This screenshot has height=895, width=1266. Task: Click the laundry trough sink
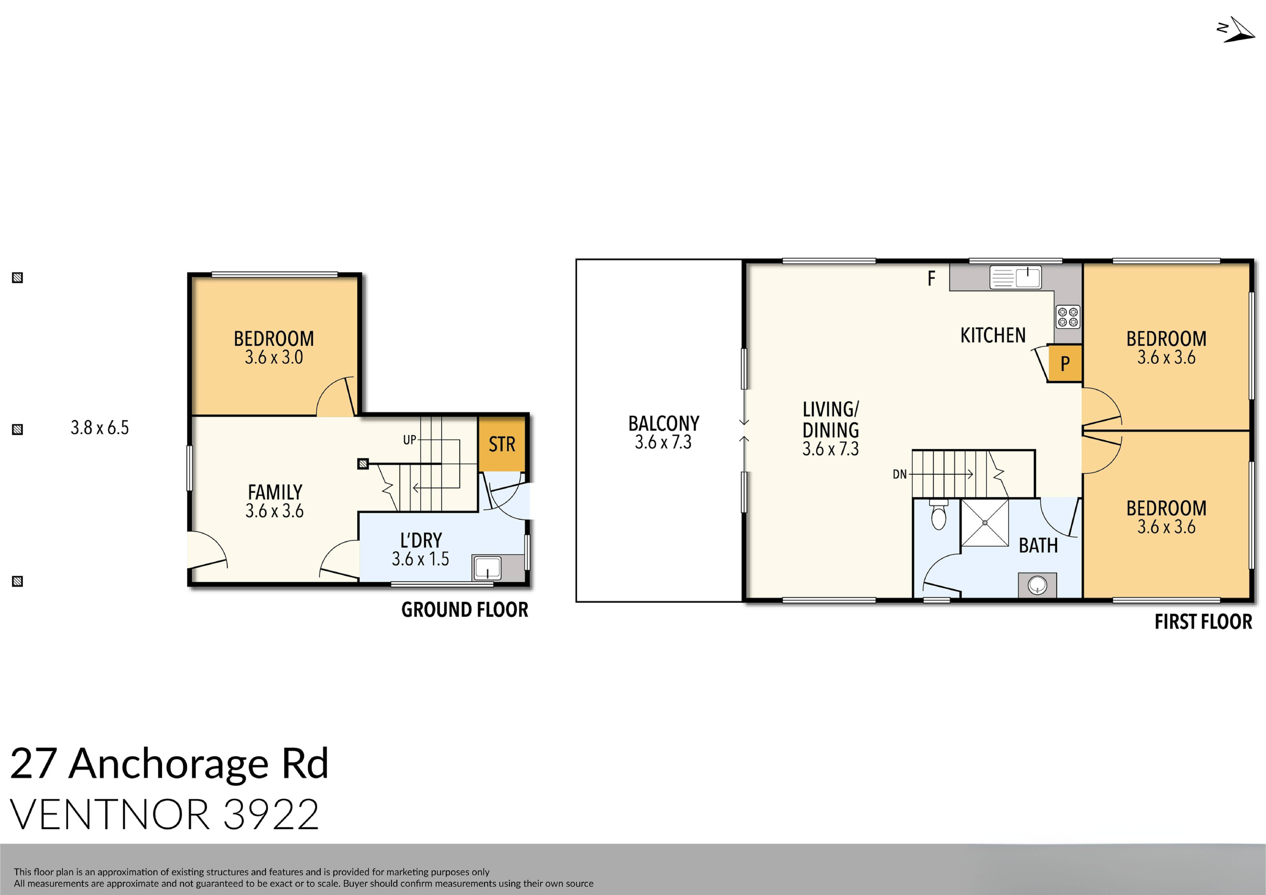(x=487, y=568)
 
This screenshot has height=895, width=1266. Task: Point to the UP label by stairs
(x=409, y=440)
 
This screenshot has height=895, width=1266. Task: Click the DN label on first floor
(x=899, y=474)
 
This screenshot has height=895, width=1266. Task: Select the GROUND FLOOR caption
(x=464, y=610)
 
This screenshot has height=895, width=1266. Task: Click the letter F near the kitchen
(x=931, y=279)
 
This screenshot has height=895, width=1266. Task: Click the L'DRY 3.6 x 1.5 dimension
(x=420, y=559)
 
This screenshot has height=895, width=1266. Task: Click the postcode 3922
(x=271, y=814)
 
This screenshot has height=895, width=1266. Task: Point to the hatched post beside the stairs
(x=363, y=464)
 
